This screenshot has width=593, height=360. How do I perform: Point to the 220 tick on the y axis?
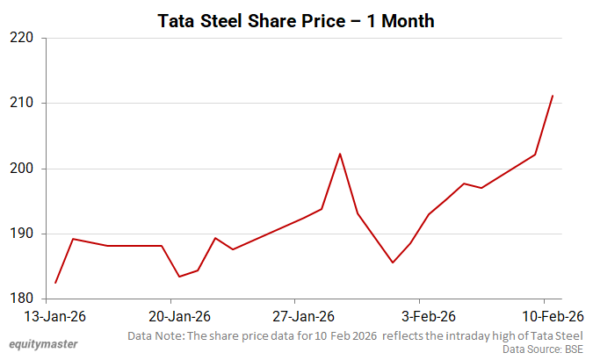pos(22,39)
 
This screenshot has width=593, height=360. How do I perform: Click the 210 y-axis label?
pos(22,104)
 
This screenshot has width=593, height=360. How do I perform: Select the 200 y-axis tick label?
pos(22,169)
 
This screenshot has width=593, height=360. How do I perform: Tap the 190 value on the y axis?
pos(22,234)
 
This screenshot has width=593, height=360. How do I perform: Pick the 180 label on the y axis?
pos(22,299)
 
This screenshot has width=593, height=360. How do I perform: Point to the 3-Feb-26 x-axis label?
pos(428,316)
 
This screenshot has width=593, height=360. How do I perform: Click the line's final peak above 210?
pos(552,96)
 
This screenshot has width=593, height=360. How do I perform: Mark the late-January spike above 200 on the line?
pos(340,154)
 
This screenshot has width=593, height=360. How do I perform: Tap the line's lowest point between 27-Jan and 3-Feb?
pos(393,263)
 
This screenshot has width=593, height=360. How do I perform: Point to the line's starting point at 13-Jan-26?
pos(55,283)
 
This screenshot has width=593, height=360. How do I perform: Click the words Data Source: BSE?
pos(544,349)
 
